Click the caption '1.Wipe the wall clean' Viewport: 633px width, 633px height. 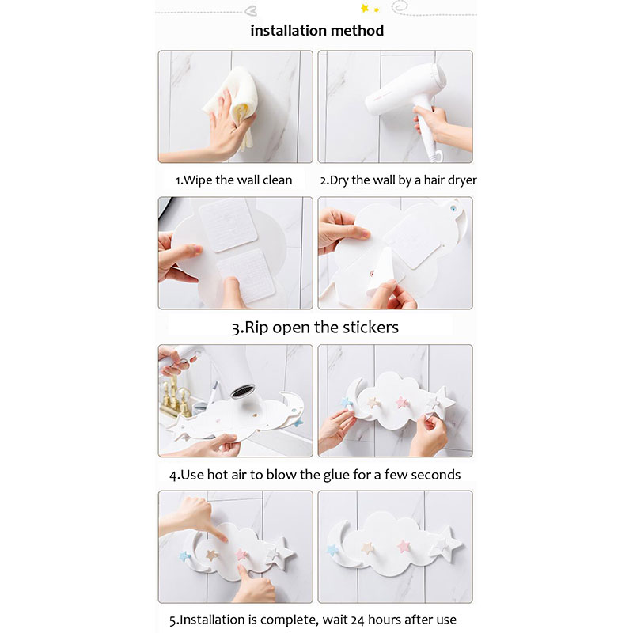233,180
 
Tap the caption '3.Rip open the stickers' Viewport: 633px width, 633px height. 315,328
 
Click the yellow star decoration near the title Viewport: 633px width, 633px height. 365,8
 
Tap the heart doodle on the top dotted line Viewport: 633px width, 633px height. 251,10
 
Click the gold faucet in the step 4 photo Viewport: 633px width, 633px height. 175,398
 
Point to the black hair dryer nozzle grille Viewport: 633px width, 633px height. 243,391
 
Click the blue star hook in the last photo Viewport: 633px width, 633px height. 333,550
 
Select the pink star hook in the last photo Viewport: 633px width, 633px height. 404,547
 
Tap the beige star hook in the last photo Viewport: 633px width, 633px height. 367,548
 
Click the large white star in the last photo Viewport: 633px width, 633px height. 446,544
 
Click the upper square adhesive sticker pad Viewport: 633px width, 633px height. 228,225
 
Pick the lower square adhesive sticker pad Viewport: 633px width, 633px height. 246,275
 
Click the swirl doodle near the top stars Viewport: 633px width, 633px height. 400,6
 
